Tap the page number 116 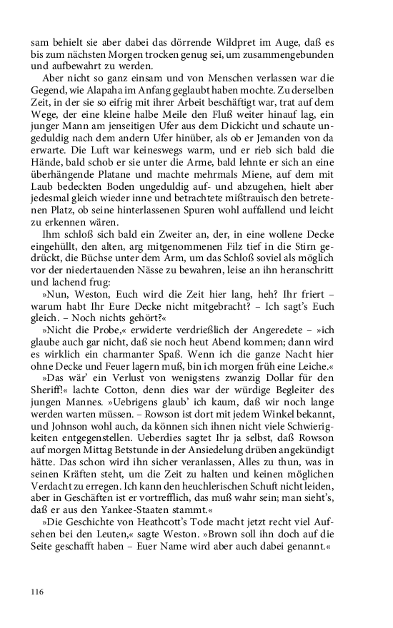coord(38,592)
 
